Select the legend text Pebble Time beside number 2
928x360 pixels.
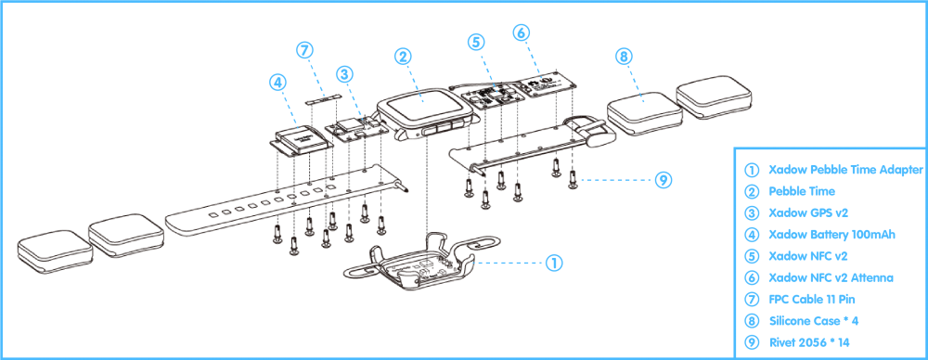[802, 192]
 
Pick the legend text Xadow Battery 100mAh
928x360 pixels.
[831, 235]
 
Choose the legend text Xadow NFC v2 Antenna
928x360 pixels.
[831, 277]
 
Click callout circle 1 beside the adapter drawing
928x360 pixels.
[553, 263]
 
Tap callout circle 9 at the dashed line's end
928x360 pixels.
[663, 180]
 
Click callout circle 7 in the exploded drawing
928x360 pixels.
[305, 50]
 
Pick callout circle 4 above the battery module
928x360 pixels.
[277, 82]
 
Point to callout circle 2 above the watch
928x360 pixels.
[403, 57]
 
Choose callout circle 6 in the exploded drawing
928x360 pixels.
[522, 32]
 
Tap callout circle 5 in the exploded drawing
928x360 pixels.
[476, 42]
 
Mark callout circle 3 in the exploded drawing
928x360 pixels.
[343, 73]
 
